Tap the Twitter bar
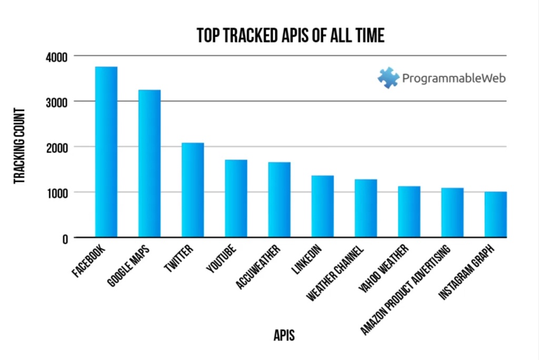point(193,190)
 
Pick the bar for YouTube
point(236,198)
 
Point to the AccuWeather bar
point(279,199)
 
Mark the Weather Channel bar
point(365,208)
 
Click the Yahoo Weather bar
point(409,212)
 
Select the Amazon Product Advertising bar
point(452,213)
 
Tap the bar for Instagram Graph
point(495,215)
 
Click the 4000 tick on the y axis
point(56,56)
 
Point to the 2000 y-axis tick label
point(56,147)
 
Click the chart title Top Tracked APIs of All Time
point(291,35)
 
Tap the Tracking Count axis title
point(20,146)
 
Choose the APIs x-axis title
point(284,335)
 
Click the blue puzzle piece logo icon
point(388,78)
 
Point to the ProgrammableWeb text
point(454,78)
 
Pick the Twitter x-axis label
point(179,258)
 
